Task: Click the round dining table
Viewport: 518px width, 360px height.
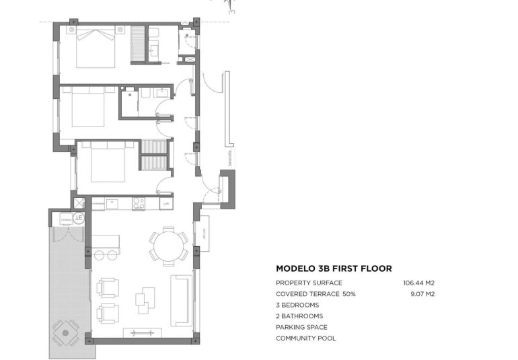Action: click(x=168, y=245)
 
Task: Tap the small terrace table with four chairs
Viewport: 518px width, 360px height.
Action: click(x=65, y=332)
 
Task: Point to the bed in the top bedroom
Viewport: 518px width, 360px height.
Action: click(x=95, y=46)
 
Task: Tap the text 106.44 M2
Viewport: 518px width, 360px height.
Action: click(x=418, y=283)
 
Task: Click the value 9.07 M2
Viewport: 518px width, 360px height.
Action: click(x=422, y=294)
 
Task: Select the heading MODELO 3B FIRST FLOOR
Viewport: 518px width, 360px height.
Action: click(x=334, y=268)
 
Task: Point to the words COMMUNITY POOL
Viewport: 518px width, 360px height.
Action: click(x=305, y=338)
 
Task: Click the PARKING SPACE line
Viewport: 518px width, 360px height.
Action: click(x=301, y=327)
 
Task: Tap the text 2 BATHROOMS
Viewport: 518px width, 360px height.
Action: click(x=299, y=316)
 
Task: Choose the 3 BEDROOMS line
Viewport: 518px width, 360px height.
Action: click(x=297, y=305)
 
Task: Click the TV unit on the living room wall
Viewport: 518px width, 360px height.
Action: click(x=142, y=332)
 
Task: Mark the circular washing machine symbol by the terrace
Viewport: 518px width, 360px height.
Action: click(x=79, y=217)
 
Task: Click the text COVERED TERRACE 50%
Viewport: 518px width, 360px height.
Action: click(x=316, y=294)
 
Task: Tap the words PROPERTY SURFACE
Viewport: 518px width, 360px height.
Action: click(x=309, y=283)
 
